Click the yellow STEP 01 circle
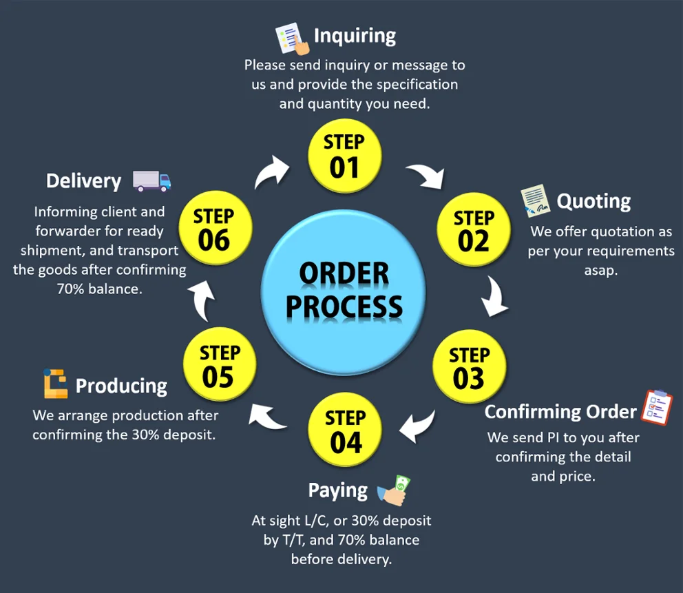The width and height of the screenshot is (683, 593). [x=344, y=155]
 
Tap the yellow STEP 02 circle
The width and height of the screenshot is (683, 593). [x=474, y=231]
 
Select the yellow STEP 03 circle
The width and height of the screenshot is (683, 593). [x=469, y=367]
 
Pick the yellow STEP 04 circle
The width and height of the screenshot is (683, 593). [x=345, y=430]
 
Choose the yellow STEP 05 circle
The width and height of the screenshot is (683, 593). [x=219, y=365]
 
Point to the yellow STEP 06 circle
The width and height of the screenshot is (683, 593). [x=214, y=228]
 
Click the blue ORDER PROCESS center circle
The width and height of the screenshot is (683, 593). [x=344, y=290]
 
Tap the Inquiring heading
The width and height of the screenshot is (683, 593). [x=355, y=35]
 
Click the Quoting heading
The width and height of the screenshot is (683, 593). [x=593, y=201]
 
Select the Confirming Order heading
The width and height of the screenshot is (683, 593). [x=560, y=412]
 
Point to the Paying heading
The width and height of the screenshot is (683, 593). [x=337, y=490]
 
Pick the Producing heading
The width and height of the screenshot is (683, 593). [x=121, y=386]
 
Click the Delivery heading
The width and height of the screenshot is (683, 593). [x=83, y=181]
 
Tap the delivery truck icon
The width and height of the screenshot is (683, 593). [x=151, y=180]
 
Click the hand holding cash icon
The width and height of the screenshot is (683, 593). [x=395, y=490]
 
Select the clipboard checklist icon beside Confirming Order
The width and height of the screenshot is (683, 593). [x=657, y=407]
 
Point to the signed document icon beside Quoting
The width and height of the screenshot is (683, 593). [x=535, y=200]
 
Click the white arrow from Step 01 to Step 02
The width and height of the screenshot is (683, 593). [x=425, y=176]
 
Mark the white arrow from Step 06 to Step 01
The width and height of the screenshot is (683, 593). [x=272, y=171]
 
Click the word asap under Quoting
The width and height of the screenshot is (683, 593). [x=601, y=270]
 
